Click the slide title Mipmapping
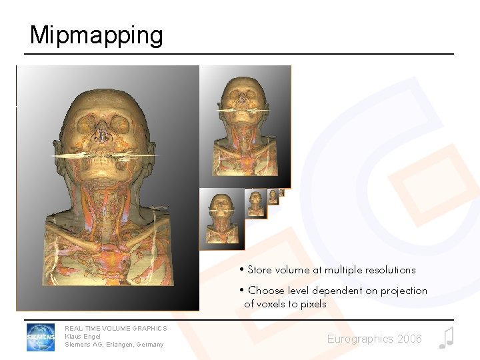coord(96,35)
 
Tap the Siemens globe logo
coord(41,337)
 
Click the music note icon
coord(445,338)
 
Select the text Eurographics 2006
coord(374,339)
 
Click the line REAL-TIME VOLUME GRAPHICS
coord(116,328)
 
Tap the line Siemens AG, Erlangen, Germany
coord(114,345)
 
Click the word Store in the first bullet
coord(260,270)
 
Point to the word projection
coord(404,291)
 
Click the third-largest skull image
coord(221,218)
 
